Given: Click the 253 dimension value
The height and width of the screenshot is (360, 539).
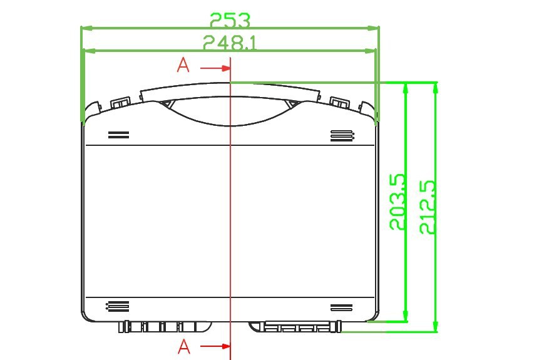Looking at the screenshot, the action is (x=230, y=20).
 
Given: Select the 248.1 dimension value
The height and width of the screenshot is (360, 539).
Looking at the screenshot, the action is (x=230, y=43).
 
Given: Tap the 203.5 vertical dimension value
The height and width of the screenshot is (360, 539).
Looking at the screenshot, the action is (x=398, y=202).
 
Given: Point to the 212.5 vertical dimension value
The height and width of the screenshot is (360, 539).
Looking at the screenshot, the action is (x=428, y=207).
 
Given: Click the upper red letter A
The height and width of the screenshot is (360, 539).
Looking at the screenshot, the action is (x=183, y=65).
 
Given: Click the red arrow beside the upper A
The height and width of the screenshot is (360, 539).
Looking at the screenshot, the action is (x=215, y=68).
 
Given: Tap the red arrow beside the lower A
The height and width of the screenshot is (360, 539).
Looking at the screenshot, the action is (x=215, y=346).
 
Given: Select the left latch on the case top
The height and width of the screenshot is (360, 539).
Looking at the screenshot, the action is (x=120, y=103).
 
